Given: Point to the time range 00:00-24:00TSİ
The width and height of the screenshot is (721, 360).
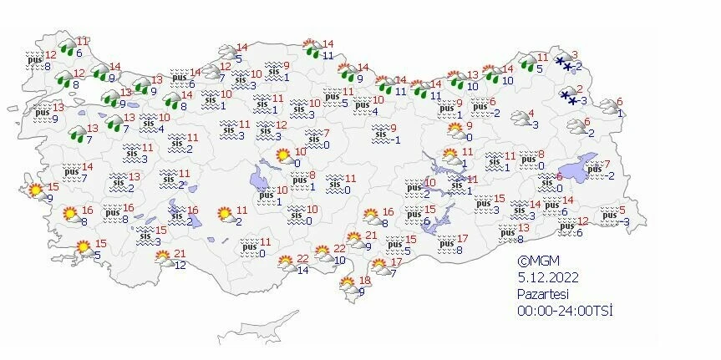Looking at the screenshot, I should [x=564, y=311].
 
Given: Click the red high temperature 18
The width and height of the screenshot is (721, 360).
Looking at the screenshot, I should [x=364, y=280].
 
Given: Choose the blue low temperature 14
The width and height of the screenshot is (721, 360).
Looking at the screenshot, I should [x=303, y=271].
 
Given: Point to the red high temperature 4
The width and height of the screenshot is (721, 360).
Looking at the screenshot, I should [x=532, y=114].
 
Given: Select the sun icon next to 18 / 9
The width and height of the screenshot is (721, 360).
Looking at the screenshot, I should [x=347, y=286].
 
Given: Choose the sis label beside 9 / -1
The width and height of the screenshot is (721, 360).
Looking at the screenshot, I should [x=380, y=133].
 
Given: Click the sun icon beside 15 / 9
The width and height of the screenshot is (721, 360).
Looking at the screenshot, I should [x=36, y=191].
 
